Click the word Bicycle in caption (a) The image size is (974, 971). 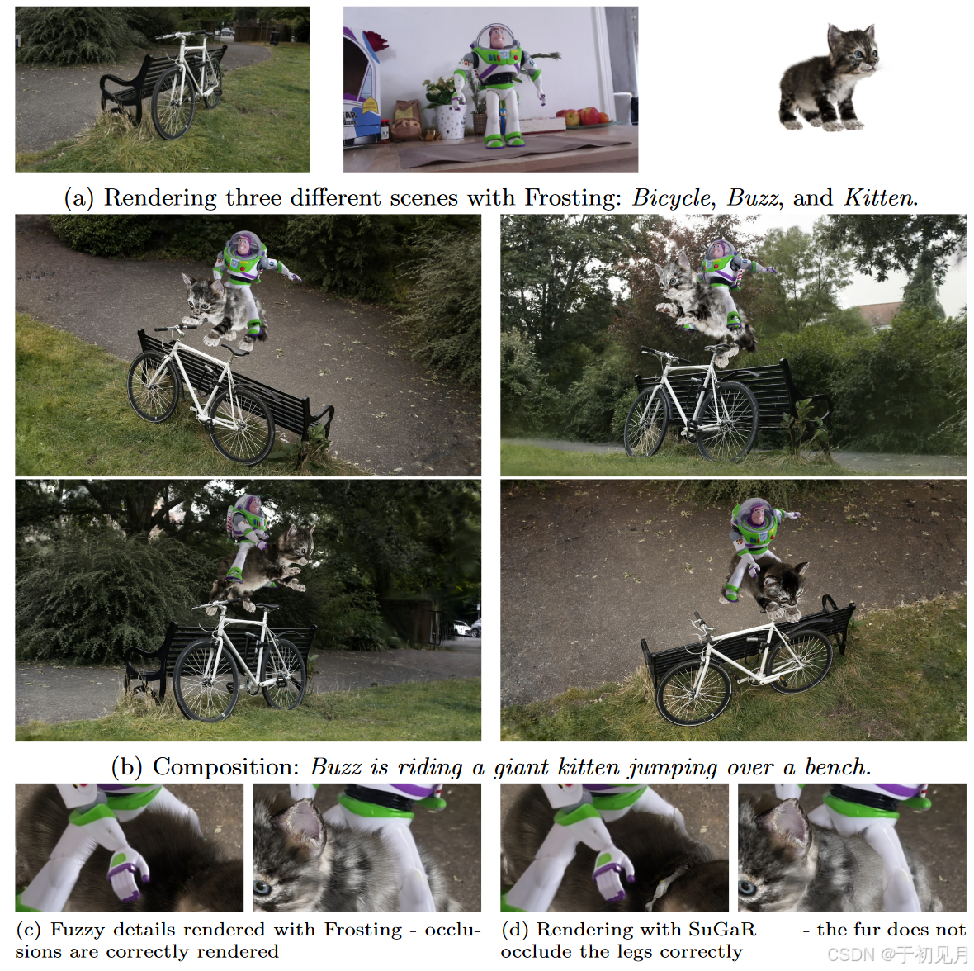pos(672,197)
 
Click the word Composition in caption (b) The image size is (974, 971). pos(226,767)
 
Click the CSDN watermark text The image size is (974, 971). pos(898,954)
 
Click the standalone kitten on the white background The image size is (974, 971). pos(829,77)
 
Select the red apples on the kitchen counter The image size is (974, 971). pos(584,116)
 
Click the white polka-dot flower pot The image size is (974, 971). pos(451,121)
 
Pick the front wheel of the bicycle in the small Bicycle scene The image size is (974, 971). pos(173,104)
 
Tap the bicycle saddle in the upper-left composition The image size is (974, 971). pos(235,351)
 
